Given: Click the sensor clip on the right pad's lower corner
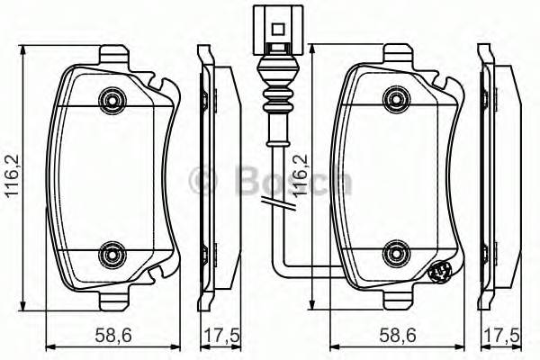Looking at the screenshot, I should click(442, 273).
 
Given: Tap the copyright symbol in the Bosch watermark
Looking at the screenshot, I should click(202, 181).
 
